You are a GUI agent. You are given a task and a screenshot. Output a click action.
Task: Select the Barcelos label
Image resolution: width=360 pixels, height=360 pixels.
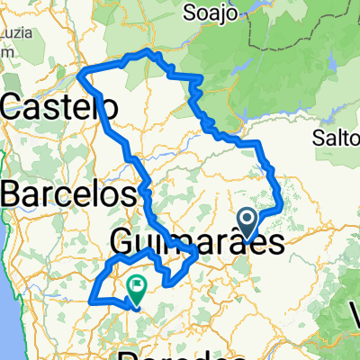point(68,193)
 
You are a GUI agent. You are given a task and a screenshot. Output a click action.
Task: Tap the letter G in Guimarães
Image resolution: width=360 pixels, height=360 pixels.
point(125,241)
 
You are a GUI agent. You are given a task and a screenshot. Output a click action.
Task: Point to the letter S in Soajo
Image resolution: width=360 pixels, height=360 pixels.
point(190,13)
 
